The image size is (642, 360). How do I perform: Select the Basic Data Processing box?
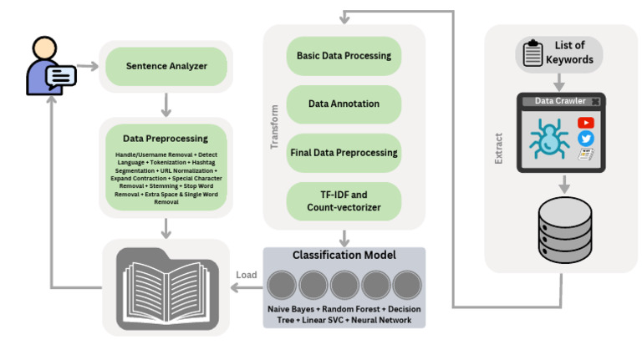coord(344,56)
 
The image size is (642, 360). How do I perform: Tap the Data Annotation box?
coord(344,104)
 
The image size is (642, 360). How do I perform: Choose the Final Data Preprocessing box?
coord(344,153)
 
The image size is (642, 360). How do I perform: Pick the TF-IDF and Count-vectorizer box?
coord(344,201)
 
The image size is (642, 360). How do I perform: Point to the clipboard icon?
coord(532,53)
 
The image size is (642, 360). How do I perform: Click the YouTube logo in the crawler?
coord(585,123)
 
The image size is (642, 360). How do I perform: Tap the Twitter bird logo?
coord(585,139)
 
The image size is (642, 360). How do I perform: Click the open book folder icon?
coord(166,287)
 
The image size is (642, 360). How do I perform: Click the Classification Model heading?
coord(344,255)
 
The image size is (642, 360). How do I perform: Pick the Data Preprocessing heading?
coord(165,139)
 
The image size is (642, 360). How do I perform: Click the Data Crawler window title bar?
coord(559,101)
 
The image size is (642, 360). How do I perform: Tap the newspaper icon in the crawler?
coord(585,155)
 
